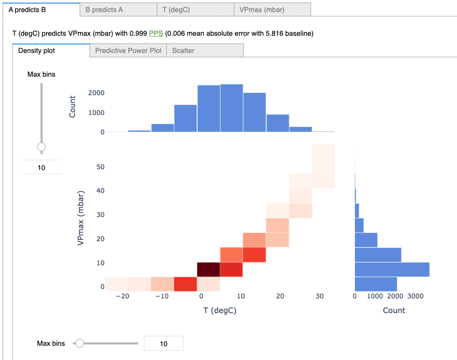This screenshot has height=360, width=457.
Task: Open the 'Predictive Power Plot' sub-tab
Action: [x=128, y=50]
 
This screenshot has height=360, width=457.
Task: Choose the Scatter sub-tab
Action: [x=183, y=50]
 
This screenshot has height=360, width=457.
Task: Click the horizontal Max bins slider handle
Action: [x=79, y=343]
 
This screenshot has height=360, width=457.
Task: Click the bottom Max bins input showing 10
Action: [x=163, y=344]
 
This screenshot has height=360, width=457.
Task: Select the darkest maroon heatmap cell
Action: [x=208, y=269]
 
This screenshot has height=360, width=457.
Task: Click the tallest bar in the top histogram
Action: [x=232, y=108]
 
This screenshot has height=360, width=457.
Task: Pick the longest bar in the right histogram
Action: [x=392, y=269]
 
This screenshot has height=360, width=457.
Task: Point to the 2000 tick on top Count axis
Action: [x=96, y=93]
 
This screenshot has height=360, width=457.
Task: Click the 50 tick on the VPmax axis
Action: [x=100, y=167]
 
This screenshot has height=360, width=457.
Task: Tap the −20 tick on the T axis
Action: [x=123, y=296]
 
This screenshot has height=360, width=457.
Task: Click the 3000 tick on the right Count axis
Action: [x=415, y=296]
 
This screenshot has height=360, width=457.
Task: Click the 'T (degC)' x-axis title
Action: [x=220, y=310]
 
